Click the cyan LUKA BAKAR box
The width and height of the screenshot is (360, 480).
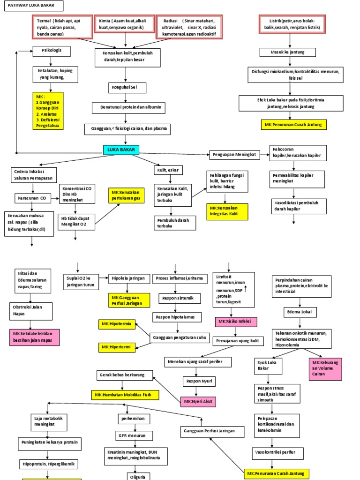pos(121,150)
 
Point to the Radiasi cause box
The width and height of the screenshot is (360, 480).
pos(189,28)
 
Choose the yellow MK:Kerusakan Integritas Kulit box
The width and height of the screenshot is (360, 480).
pos(227,211)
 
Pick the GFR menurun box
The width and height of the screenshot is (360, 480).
pos(135,435)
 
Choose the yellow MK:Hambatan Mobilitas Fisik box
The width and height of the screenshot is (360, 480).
pos(125,395)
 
